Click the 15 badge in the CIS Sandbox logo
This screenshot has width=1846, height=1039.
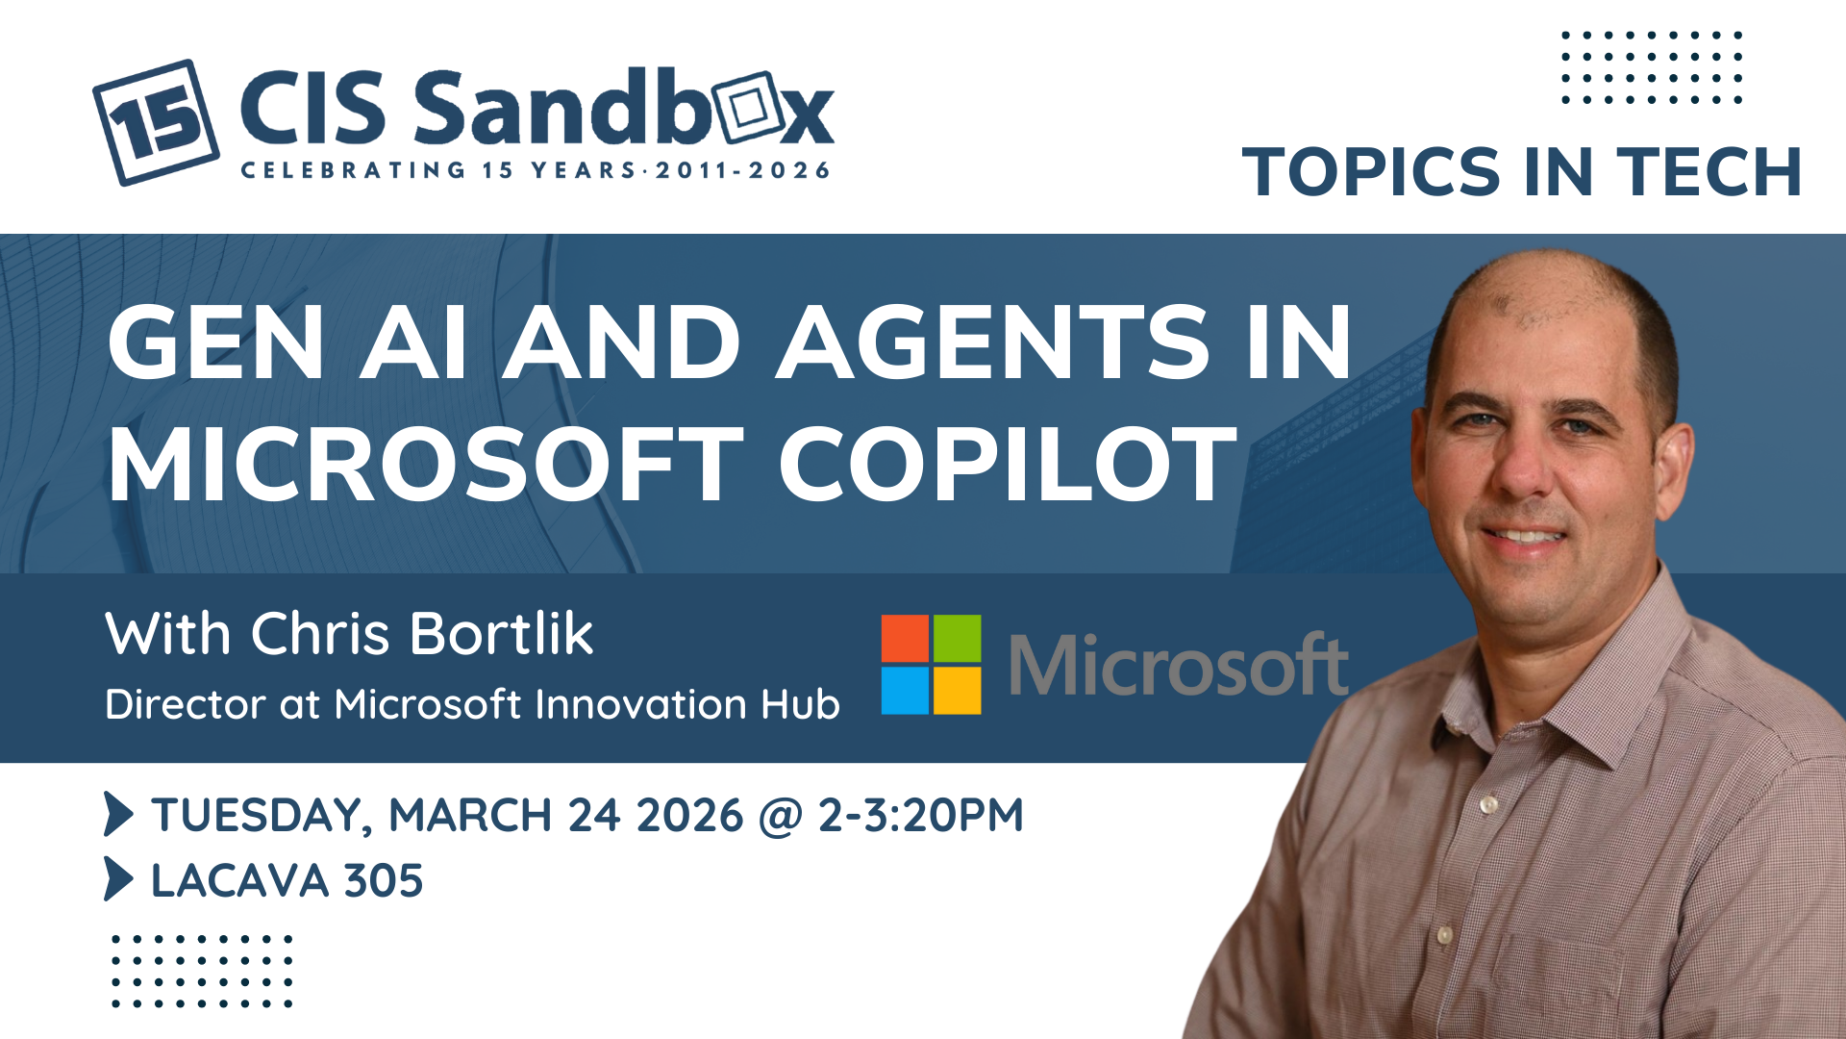[156, 122]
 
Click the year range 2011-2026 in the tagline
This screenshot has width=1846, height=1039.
[742, 170]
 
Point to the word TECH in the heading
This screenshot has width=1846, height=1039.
[1709, 172]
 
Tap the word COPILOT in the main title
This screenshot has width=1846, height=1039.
[1008, 465]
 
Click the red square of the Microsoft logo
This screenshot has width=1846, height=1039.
[905, 638]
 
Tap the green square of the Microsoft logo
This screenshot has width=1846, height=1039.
[958, 638]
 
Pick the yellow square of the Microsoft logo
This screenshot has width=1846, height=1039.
[958, 691]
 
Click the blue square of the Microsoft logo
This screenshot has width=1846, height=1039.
[905, 691]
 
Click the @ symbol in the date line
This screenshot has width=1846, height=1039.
[780, 816]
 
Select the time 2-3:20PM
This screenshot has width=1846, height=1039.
[921, 815]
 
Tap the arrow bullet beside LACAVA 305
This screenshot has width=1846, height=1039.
[118, 878]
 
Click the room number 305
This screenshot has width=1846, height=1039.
[384, 880]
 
